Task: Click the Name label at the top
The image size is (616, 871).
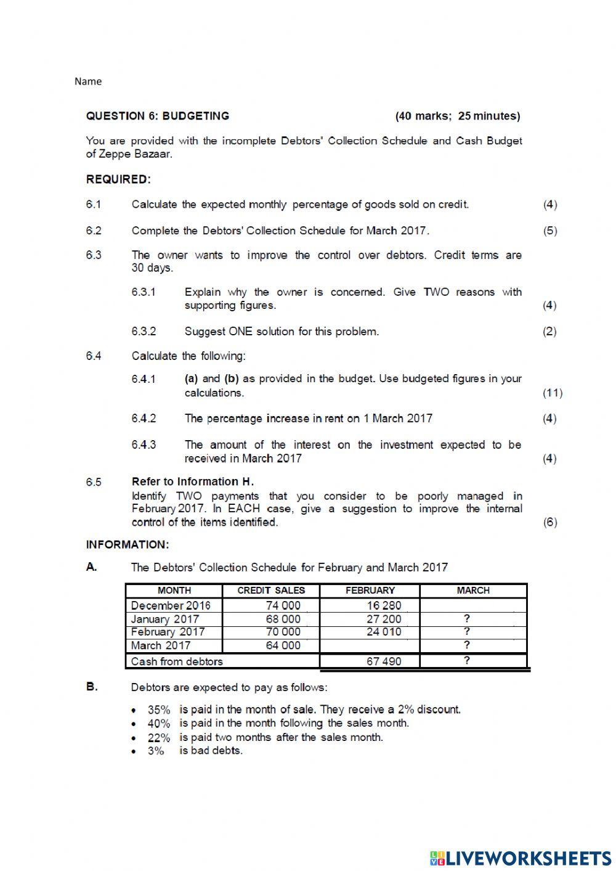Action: click(x=88, y=81)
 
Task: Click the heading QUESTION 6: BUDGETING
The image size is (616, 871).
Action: click(x=157, y=116)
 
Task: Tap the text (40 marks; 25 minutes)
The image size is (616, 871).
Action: click(x=457, y=116)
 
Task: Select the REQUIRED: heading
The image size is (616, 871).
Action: click(x=118, y=179)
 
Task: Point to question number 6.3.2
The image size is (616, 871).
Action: click(x=144, y=332)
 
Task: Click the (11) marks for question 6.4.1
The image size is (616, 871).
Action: click(x=552, y=393)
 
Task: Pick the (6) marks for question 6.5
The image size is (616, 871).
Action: click(x=549, y=522)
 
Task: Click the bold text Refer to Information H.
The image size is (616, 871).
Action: click(x=192, y=481)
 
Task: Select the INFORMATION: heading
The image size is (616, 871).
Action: click(x=127, y=545)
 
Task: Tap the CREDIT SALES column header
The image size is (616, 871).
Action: click(x=271, y=591)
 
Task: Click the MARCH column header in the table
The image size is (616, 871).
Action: click(x=472, y=591)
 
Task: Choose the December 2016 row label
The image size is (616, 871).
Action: click(x=171, y=605)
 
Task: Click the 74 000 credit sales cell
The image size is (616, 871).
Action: click(x=283, y=605)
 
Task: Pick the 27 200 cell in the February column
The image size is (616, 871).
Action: click(x=383, y=619)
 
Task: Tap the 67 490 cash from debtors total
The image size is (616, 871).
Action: click(x=383, y=661)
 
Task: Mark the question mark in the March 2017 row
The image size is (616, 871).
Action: click(x=466, y=645)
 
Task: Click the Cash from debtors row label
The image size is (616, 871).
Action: click(x=177, y=661)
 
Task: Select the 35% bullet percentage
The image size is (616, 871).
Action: click(x=158, y=710)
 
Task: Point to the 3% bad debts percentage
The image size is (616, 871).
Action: click(x=155, y=751)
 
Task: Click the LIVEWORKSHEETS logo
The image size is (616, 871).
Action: click(x=521, y=857)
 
